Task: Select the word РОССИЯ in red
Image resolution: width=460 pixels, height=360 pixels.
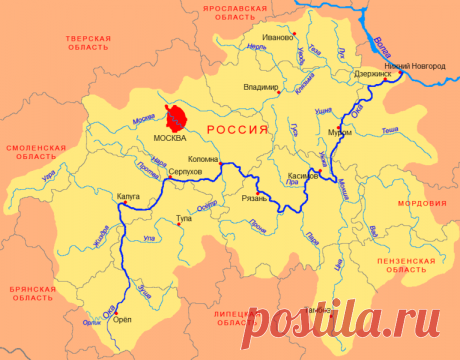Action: [x=236, y=129]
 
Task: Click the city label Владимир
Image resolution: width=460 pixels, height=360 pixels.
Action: [x=261, y=87]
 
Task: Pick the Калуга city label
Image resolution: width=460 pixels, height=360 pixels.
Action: [x=129, y=196]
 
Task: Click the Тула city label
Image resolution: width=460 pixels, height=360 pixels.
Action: [x=184, y=216]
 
